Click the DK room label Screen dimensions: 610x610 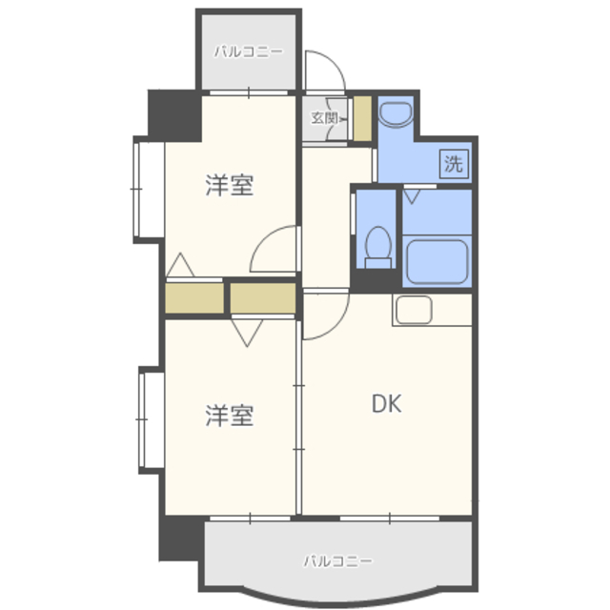point(386,403)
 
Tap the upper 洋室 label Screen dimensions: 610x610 point(230,185)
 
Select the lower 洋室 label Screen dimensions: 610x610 point(230,416)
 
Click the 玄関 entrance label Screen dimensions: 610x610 point(324,118)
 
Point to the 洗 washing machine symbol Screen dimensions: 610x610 point(454,164)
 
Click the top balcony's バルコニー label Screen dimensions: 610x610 point(249,51)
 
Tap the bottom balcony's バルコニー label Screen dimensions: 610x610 point(337,561)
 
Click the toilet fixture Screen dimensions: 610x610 point(378,248)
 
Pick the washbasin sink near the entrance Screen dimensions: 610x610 point(396,113)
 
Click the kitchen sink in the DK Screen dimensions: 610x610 point(414,310)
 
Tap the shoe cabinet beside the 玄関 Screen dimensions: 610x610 point(362,118)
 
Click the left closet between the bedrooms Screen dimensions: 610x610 point(194,298)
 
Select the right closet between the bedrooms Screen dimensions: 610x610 point(263,298)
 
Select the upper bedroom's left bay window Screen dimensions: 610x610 point(149,190)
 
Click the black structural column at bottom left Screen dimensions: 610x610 point(181,540)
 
